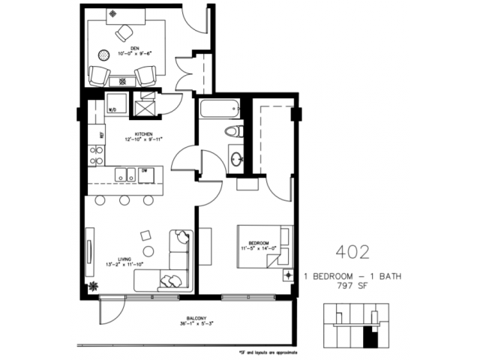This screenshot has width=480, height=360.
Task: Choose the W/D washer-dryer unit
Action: coord(115,106)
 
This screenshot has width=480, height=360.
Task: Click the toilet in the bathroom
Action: coord(235,132)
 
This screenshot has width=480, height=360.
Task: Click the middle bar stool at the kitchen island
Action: coord(124,200)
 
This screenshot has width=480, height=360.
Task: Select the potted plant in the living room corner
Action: coord(94,286)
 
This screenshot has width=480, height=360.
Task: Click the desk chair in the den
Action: coord(124,31)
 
